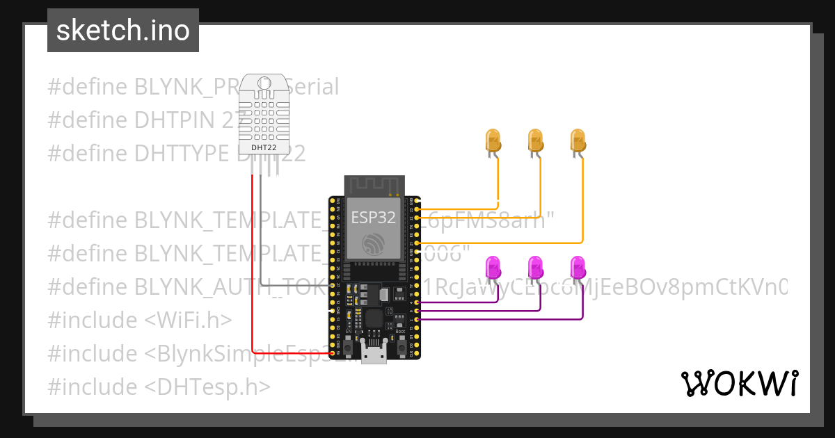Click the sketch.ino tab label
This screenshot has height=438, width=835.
(123, 31)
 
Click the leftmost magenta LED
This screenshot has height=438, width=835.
(493, 268)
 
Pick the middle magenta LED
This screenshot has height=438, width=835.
(535, 268)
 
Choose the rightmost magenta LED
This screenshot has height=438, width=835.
(578, 268)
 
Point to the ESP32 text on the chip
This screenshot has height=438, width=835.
(374, 218)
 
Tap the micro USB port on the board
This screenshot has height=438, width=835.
(375, 354)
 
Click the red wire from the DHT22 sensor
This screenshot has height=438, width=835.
(252, 264)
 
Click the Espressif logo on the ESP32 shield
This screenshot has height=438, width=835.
(374, 243)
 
